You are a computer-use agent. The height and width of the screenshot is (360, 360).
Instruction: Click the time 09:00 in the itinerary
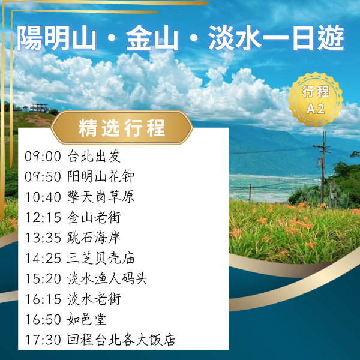coord(43,157)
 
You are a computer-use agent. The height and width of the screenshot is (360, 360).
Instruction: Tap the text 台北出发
coord(94,157)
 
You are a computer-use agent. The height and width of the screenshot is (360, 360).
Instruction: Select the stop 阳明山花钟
coord(101,177)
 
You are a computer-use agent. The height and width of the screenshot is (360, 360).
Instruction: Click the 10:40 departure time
coord(43,197)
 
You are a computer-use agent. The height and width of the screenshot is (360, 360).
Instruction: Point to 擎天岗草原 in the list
coord(101,197)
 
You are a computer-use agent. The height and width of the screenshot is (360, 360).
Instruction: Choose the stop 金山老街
coord(94,218)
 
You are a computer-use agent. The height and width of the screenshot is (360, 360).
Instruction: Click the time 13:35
coord(43,238)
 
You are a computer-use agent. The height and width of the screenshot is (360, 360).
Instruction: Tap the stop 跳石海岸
coord(94,238)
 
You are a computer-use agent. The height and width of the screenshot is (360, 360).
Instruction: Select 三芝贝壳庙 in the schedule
coord(101,259)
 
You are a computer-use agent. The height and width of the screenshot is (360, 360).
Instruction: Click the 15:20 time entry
coord(43,279)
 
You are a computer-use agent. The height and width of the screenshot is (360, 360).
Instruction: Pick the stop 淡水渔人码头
coord(107,279)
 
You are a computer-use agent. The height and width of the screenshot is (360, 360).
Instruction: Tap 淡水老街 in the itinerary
coord(94,299)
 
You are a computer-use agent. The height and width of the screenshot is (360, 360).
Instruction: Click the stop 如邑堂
coord(88,320)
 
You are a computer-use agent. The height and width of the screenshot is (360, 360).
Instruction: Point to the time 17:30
coord(43,340)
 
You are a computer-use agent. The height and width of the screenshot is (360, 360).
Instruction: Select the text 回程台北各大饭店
coord(121,340)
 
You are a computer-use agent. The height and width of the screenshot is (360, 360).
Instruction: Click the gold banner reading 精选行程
coord(122,128)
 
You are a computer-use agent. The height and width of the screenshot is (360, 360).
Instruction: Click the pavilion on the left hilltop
coord(39,108)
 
